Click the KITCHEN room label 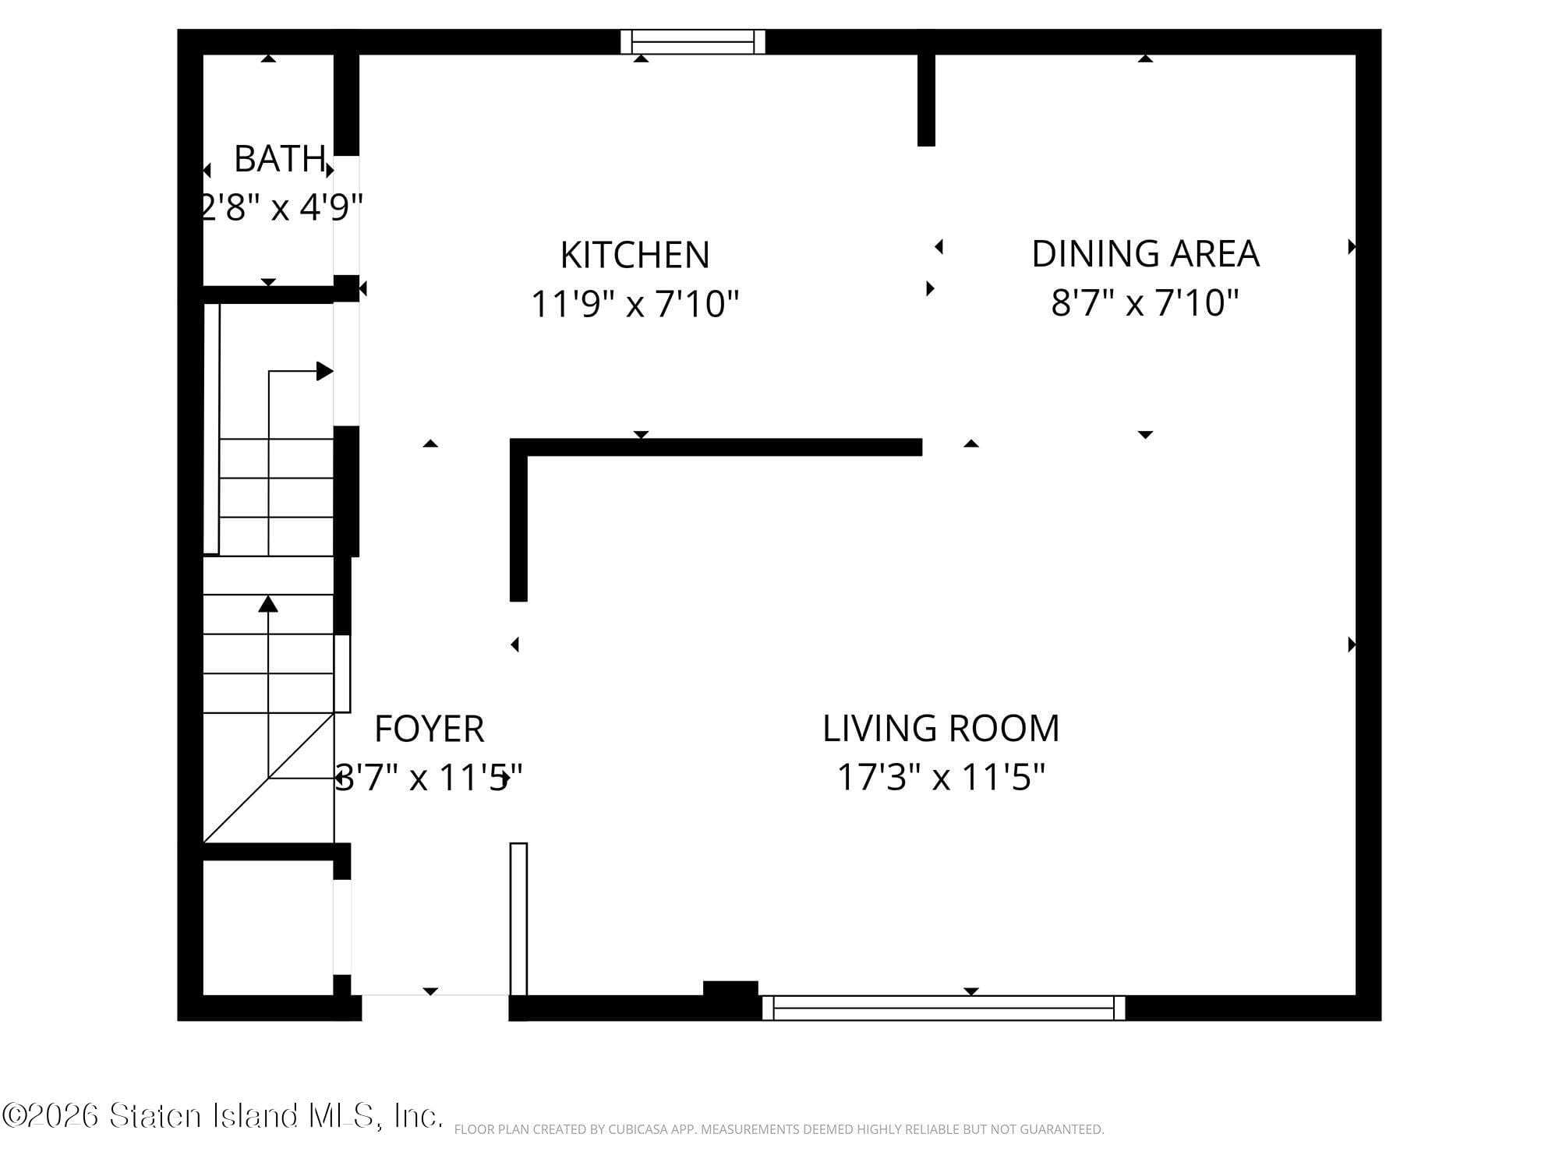635,255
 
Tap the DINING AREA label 1144,253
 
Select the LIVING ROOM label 940,728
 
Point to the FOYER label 429,729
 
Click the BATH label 279,159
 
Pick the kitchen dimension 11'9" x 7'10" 635,303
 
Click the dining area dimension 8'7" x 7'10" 1144,302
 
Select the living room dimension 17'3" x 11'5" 940,776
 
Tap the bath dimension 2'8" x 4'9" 281,207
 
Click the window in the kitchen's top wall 692,41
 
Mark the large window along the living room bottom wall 943,1008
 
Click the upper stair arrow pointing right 324,372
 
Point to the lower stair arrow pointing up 268,604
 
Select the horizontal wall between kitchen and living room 717,447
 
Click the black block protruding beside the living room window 730,988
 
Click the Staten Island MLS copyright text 222,1116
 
